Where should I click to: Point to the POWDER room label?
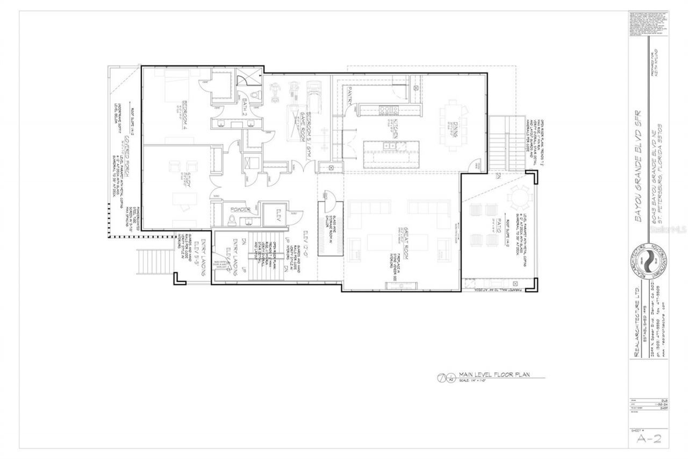pos(241,209)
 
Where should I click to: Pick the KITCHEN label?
pos(394,131)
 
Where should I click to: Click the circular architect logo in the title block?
pos(648,263)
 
